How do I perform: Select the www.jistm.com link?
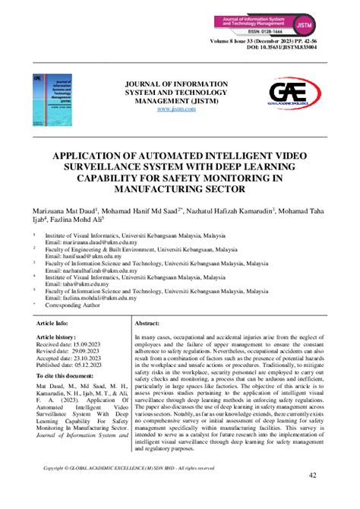[176, 109]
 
